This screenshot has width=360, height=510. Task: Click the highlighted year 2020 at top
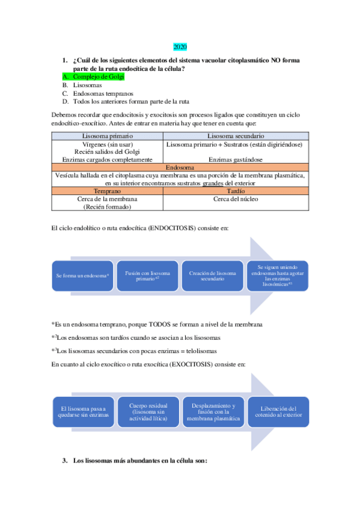[180, 47]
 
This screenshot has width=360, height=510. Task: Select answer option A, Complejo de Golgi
[98, 77]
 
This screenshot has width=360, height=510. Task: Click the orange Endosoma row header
[180, 167]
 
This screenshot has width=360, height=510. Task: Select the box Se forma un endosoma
[82, 275]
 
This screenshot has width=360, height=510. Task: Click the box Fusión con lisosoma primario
[147, 275]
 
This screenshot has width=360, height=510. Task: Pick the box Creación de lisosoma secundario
[212, 275]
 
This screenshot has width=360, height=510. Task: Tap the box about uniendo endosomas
[277, 275]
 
